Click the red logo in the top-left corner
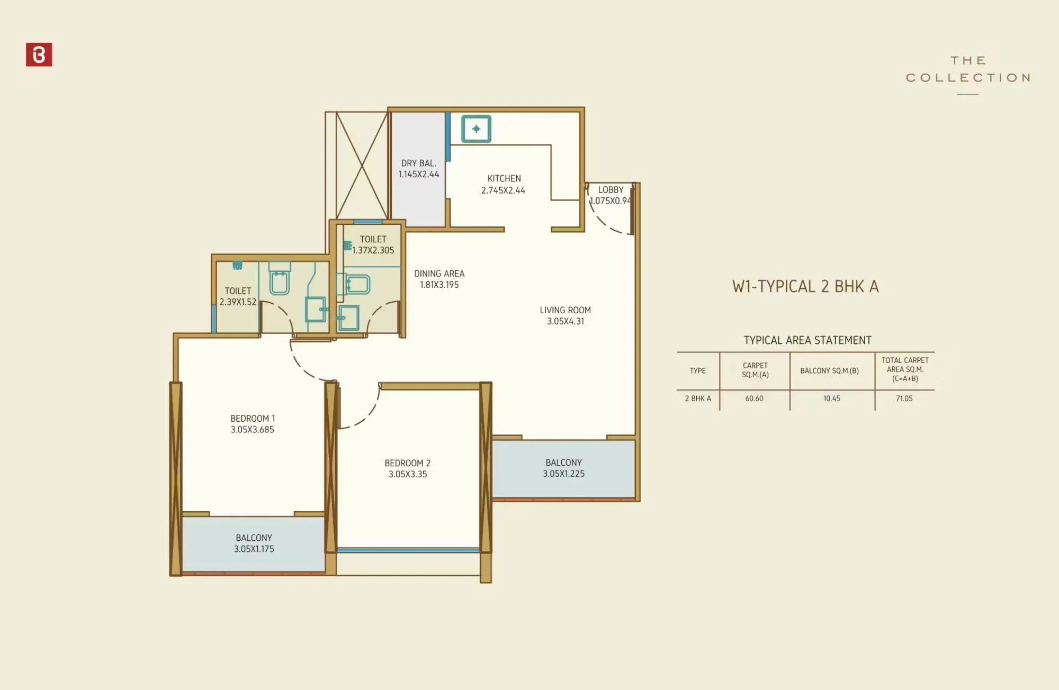pyautogui.click(x=39, y=55)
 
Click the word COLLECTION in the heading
pyautogui.click(x=967, y=78)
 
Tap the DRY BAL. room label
pyautogui.click(x=418, y=164)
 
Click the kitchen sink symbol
pyautogui.click(x=476, y=129)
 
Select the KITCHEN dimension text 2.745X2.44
pyautogui.click(x=503, y=190)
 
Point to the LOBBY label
pyautogui.click(x=611, y=189)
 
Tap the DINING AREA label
pyautogui.click(x=439, y=274)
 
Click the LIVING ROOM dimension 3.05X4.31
pyautogui.click(x=565, y=321)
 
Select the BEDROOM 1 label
pyautogui.click(x=253, y=419)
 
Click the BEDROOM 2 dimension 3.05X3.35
pyautogui.click(x=407, y=474)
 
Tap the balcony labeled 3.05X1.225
pyautogui.click(x=563, y=468)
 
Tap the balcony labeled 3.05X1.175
pyautogui.click(x=254, y=543)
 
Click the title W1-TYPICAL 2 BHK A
pyautogui.click(x=805, y=286)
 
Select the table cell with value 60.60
pyautogui.click(x=754, y=398)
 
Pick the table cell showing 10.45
pyautogui.click(x=831, y=398)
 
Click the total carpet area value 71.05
pyautogui.click(x=904, y=398)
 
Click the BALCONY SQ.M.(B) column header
pyautogui.click(x=829, y=371)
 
